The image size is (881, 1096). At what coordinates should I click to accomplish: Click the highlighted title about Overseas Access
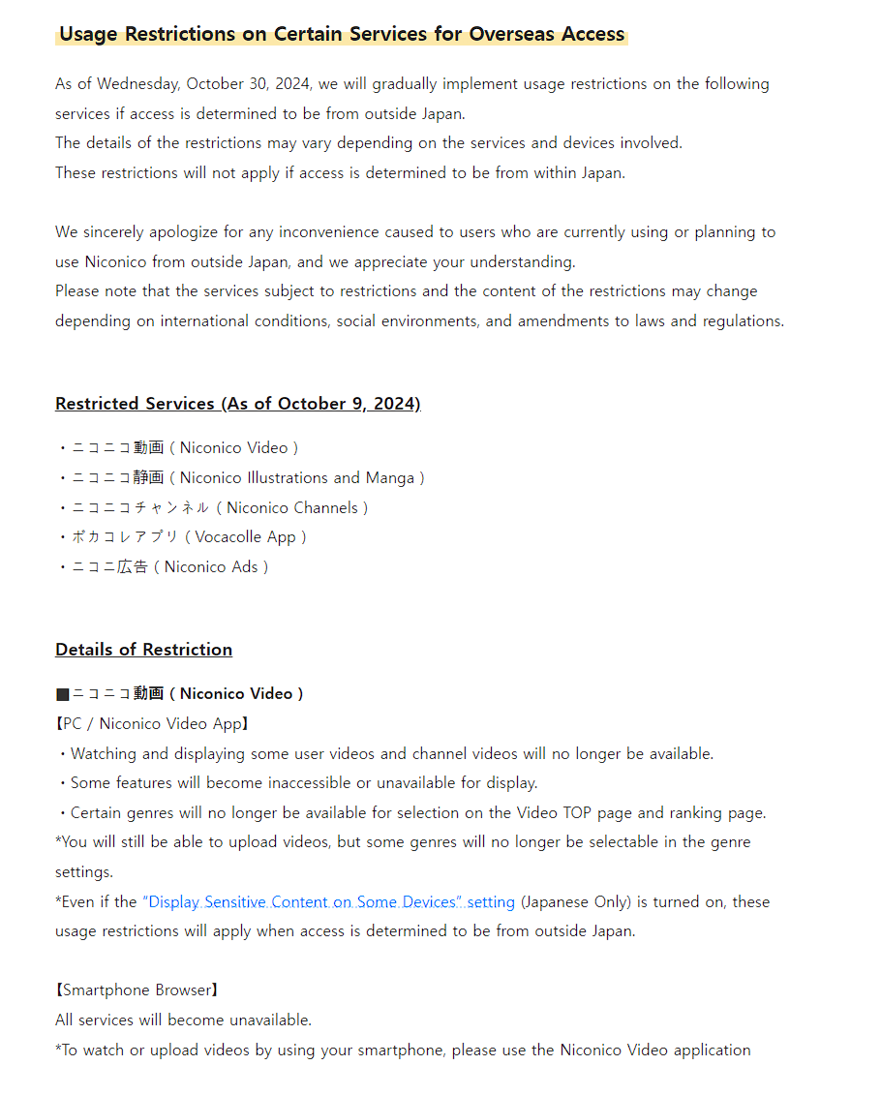coord(342,35)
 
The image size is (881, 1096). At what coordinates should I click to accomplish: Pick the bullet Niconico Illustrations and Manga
coord(248,478)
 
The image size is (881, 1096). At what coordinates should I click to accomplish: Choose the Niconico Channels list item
coord(220,508)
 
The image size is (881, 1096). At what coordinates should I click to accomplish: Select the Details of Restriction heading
coord(143,650)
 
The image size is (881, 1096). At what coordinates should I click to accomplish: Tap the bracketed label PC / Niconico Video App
coord(152,724)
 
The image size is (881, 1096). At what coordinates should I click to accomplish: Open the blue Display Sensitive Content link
coord(329,902)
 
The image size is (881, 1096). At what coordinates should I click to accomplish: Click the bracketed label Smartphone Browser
coord(137,990)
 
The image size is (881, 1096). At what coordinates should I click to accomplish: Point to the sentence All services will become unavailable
coord(183,1020)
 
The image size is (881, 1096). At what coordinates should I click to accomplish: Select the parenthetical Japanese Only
coord(576,902)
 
